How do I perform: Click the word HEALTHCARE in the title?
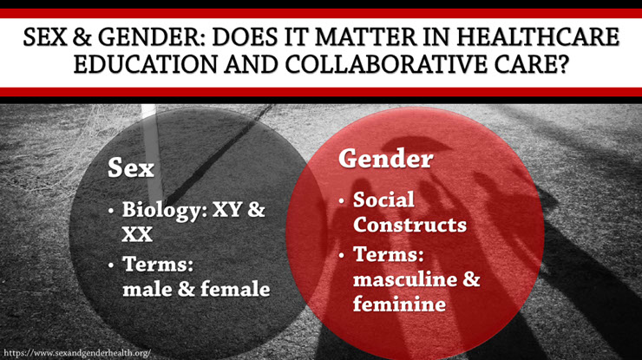(x=537, y=36)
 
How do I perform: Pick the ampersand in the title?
(x=82, y=36)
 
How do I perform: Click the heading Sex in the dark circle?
(x=131, y=168)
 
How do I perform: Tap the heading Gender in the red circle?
(x=386, y=158)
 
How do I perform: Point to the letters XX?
(x=137, y=234)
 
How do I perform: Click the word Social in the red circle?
(x=383, y=200)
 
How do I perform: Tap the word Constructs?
(x=409, y=225)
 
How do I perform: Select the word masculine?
(x=405, y=279)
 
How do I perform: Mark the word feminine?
(x=399, y=304)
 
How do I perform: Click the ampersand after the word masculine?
(x=471, y=278)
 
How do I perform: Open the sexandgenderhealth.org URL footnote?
(x=77, y=353)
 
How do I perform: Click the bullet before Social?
(x=342, y=201)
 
